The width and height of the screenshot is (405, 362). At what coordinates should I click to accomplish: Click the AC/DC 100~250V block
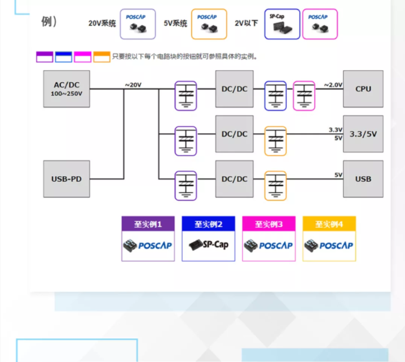(x=66, y=89)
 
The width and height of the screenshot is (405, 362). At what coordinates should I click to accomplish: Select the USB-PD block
(x=66, y=179)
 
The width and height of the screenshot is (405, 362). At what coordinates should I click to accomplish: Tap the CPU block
(x=363, y=89)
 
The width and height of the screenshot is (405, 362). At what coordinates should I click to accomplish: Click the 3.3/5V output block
(x=363, y=134)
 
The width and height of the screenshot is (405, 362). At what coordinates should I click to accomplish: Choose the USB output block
(x=363, y=179)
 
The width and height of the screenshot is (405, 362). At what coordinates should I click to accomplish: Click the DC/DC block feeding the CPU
(x=234, y=89)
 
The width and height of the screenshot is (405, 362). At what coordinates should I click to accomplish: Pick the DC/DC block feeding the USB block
(x=234, y=179)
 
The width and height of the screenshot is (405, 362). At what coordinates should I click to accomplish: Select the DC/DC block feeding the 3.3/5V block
(x=234, y=134)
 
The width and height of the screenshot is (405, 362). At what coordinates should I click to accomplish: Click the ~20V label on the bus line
(x=133, y=85)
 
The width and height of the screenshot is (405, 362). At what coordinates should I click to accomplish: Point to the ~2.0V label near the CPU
(x=333, y=85)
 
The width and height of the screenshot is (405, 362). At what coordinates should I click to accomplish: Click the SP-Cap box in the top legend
(x=282, y=24)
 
